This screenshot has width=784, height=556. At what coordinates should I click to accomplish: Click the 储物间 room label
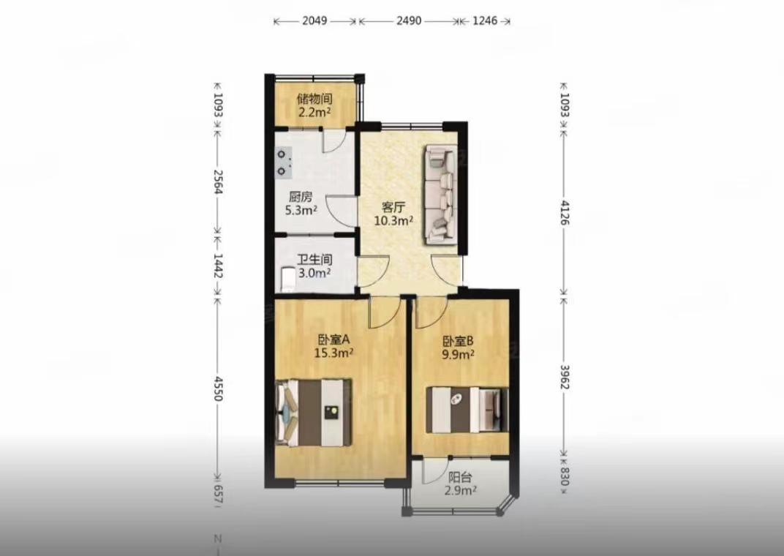314,99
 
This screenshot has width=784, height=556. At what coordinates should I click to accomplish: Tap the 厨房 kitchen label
300,197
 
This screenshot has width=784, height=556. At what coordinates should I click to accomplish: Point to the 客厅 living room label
393,207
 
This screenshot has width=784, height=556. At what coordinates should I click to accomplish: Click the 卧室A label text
333,340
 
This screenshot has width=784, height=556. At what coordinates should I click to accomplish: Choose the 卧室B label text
458,342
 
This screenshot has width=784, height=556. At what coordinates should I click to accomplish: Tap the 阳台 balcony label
459,478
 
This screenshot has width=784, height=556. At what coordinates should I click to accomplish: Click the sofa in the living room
440,195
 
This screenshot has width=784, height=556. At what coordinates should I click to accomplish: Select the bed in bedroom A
314,413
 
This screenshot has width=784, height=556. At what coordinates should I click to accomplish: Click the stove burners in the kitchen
284,163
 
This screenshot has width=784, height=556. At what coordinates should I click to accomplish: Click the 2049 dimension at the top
314,20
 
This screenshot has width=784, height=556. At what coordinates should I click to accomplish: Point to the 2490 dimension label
409,20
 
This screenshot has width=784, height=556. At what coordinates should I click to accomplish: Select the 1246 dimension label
484,20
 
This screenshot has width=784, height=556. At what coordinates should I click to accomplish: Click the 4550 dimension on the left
217,388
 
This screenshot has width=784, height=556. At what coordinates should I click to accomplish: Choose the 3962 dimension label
564,377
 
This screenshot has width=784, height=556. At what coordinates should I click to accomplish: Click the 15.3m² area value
333,353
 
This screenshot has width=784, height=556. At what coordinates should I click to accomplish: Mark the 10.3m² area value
393,220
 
